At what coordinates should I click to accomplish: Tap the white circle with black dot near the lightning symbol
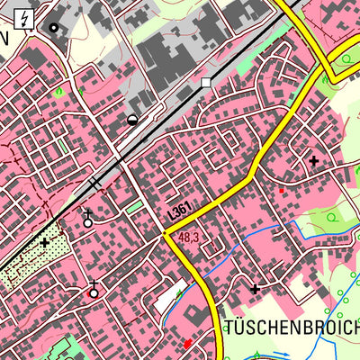click(x=53, y=28)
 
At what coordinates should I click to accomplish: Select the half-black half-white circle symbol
click(x=133, y=118)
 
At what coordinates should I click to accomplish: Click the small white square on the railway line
click(x=206, y=82)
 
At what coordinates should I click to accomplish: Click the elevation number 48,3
click(x=188, y=238)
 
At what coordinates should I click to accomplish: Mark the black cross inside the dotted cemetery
click(x=44, y=242)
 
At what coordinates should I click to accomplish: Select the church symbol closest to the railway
click(x=87, y=218)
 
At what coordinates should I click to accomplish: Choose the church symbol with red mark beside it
click(x=93, y=290)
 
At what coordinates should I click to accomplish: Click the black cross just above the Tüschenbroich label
click(x=255, y=289)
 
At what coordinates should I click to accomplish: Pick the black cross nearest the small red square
click(x=313, y=160)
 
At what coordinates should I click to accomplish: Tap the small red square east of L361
click(x=282, y=190)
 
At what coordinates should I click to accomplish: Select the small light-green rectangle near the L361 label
click(x=135, y=207)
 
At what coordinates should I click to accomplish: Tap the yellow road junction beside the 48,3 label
click(x=168, y=235)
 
